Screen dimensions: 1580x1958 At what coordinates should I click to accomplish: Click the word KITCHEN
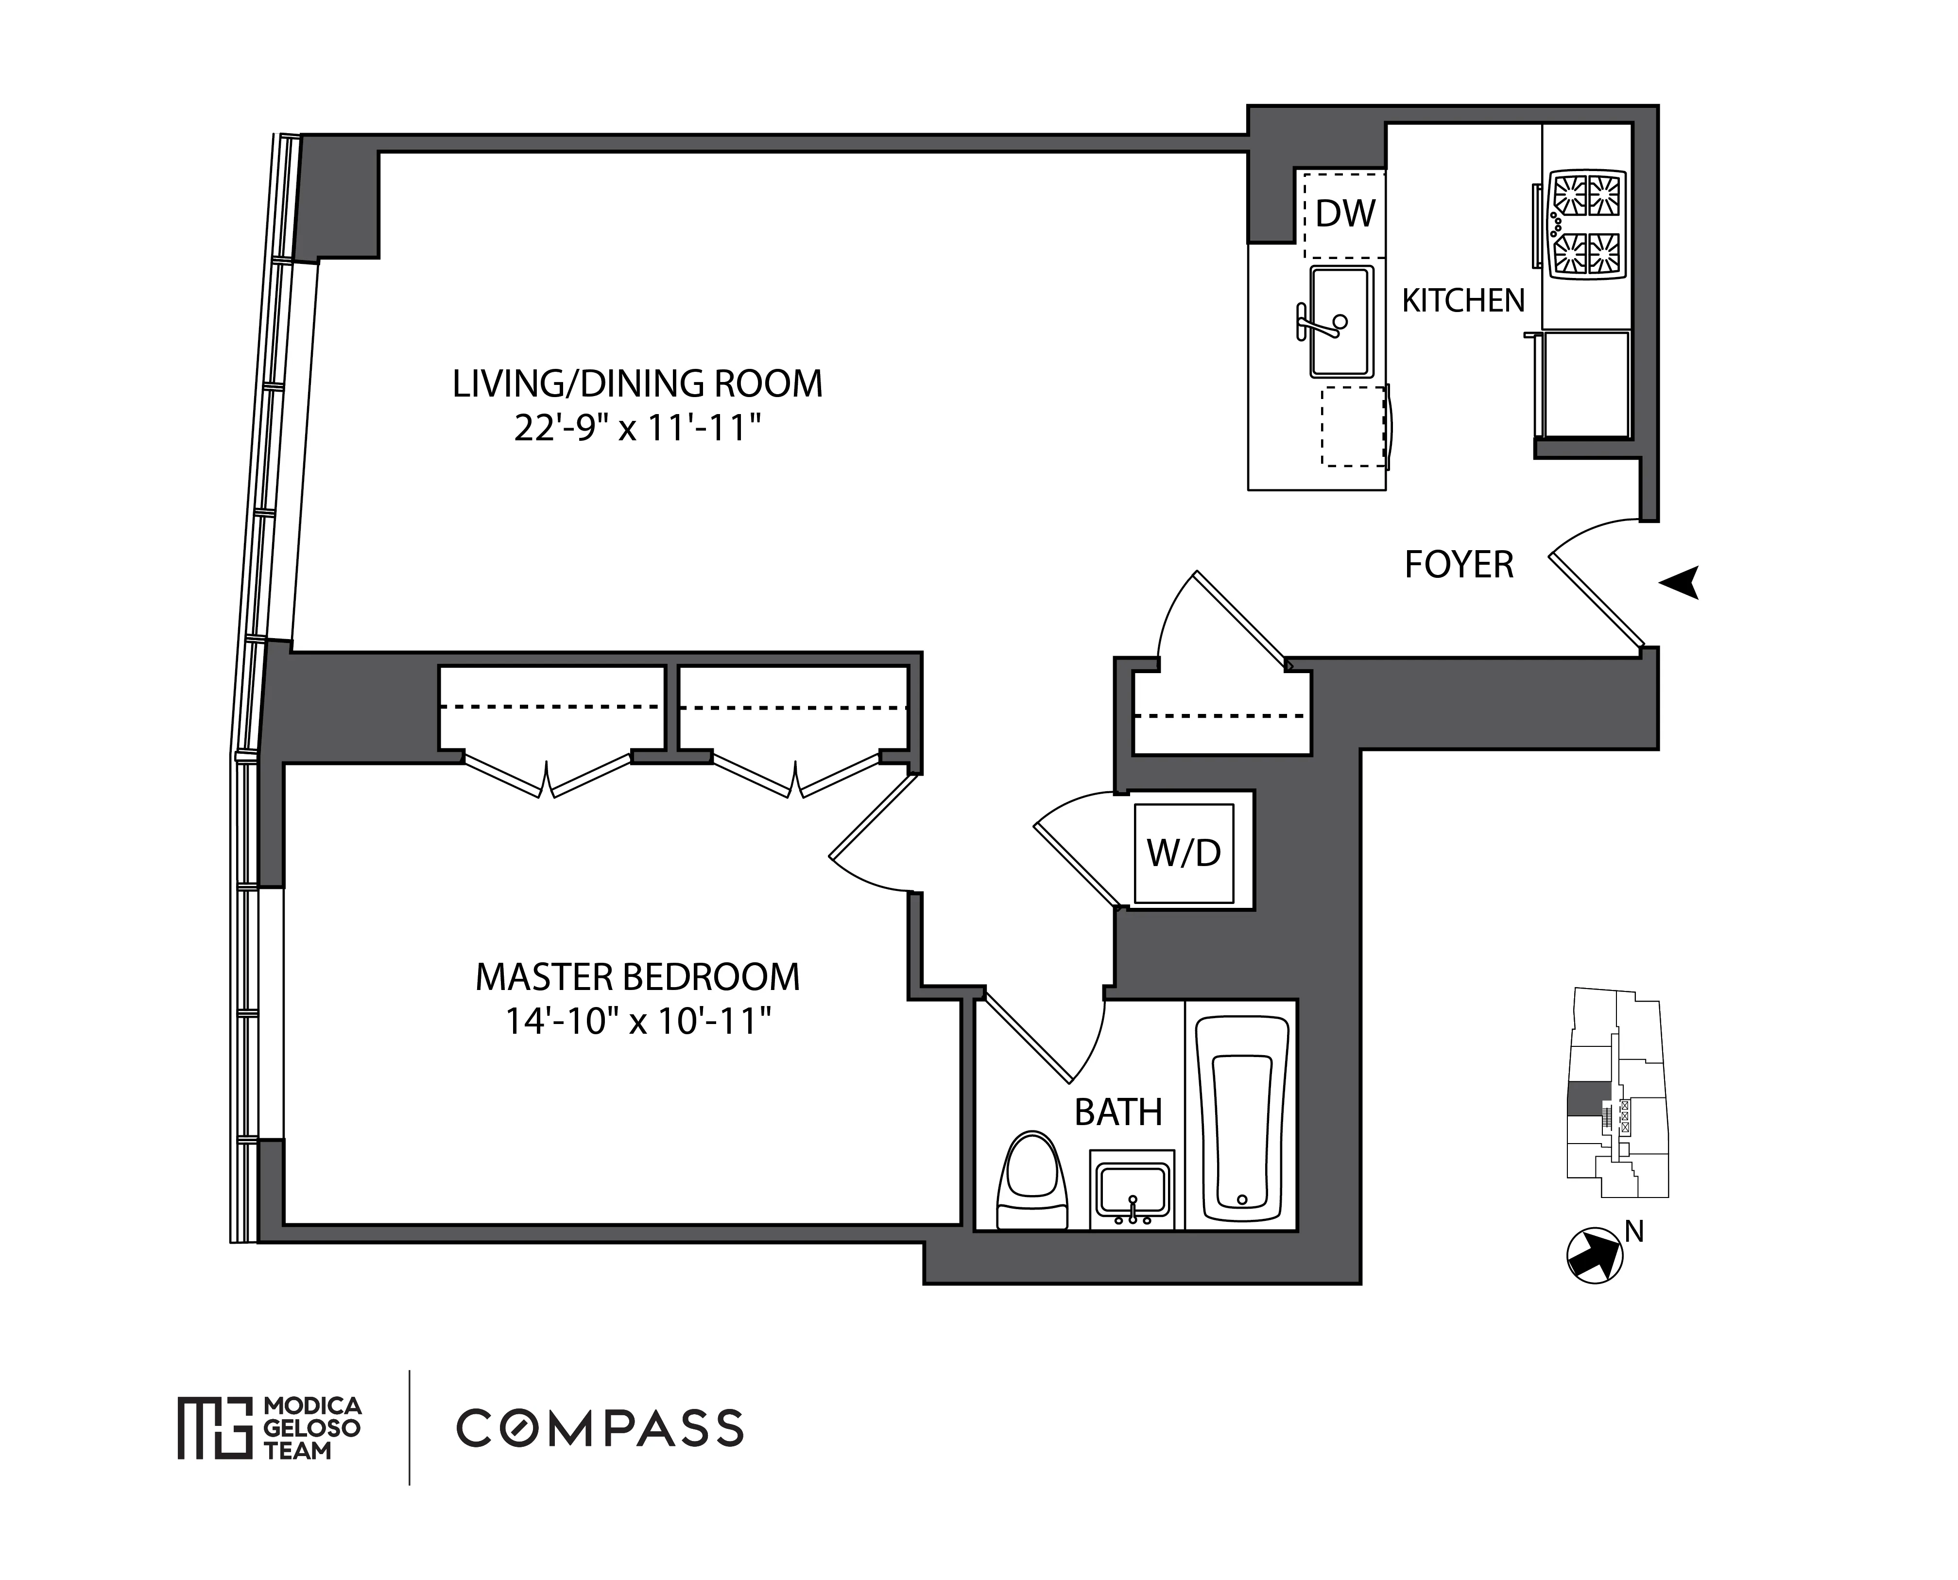coord(1462,300)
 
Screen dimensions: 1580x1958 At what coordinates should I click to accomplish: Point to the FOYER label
coord(1459,565)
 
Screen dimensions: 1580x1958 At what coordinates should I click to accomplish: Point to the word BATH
coord(1118,1112)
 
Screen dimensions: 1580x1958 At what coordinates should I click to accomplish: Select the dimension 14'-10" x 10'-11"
coord(637,1021)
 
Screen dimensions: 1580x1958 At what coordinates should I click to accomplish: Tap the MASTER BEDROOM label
coord(637,977)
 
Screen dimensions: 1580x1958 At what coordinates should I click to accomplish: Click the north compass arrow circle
coord(1594,1257)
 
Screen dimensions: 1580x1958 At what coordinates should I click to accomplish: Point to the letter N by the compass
coord(1634,1232)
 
